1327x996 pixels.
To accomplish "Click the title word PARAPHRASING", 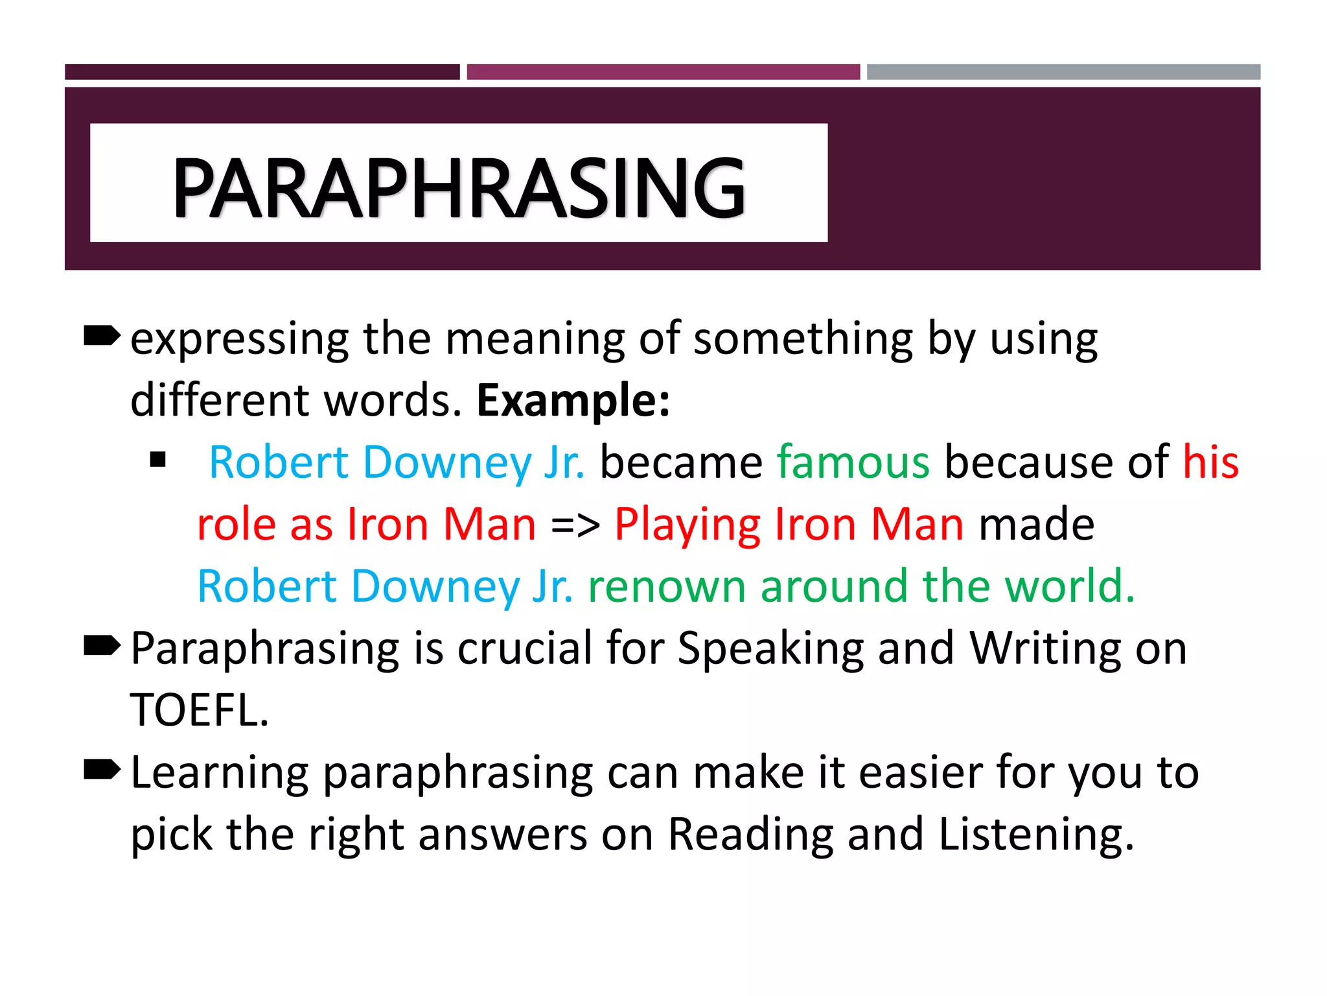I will coord(459,188).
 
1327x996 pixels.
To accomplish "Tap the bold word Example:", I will coord(573,400).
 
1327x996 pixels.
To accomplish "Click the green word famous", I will coord(853,462).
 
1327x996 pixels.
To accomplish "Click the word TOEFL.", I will coord(200,710).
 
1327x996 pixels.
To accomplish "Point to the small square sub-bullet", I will coord(157,460).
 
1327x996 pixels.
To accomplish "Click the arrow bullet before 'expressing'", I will coord(102,336).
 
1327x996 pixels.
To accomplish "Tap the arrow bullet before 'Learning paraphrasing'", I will coord(102,770).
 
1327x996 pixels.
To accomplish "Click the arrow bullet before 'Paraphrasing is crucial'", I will coord(102,646).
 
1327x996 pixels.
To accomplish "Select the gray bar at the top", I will coord(1063,72).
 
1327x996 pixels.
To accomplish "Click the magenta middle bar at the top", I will coord(663,72).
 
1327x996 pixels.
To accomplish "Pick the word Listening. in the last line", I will coord(1036,835).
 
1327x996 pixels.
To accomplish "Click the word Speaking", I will coord(770,648).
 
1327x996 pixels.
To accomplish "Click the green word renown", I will coord(667,586).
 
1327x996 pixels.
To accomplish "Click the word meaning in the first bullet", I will coord(535,338).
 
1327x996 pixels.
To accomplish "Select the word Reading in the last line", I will coord(750,835).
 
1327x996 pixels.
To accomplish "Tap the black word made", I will coord(1036,524).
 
